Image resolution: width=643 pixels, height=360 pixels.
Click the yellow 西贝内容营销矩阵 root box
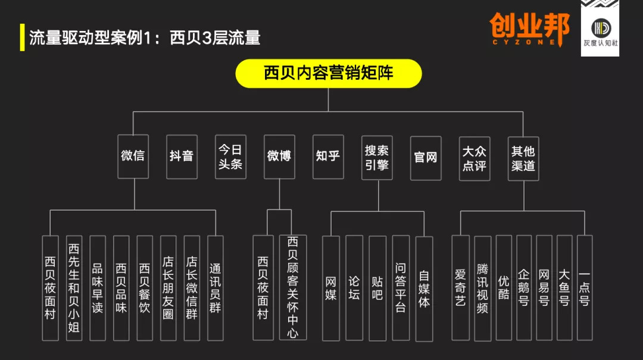click(x=329, y=73)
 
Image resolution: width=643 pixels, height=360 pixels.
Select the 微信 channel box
click(x=133, y=156)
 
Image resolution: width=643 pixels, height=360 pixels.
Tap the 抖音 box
click(x=182, y=156)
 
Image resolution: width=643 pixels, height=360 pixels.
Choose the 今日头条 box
click(x=230, y=156)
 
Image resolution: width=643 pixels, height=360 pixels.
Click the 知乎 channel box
click(x=328, y=156)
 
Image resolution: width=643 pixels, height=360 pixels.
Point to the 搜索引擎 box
click(x=377, y=158)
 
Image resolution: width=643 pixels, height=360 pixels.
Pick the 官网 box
click(x=426, y=158)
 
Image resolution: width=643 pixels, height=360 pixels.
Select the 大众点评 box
click(x=475, y=159)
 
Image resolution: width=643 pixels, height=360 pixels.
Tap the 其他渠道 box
click(x=523, y=159)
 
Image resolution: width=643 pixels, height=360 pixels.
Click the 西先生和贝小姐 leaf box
click(x=74, y=288)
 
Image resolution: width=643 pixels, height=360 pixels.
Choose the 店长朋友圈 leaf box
click(x=168, y=288)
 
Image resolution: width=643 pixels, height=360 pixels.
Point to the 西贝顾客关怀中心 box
click(x=292, y=287)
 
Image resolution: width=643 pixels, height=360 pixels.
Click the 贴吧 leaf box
click(x=377, y=289)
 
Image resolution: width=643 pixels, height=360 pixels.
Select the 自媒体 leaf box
click(x=424, y=289)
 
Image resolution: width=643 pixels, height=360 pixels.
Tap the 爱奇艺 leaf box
click(x=460, y=288)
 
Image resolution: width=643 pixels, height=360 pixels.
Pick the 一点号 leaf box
click(x=585, y=288)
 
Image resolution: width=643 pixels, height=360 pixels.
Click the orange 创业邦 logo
click(x=529, y=29)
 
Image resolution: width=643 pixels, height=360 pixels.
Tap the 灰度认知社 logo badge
click(x=600, y=29)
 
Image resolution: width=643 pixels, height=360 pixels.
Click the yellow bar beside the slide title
click(x=22, y=37)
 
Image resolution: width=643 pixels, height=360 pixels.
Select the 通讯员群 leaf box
click(x=216, y=288)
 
